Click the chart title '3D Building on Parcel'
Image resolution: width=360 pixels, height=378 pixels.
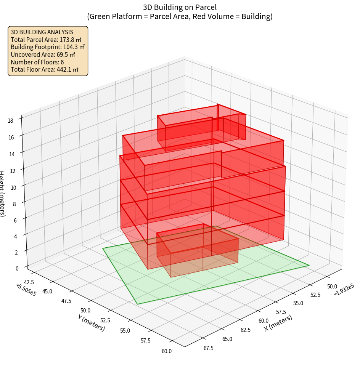pos(180,7)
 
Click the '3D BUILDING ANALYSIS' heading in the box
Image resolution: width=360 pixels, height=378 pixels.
pos(42,32)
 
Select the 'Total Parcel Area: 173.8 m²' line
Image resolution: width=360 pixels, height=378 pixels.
pos(46,40)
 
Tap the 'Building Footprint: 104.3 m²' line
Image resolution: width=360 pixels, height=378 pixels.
pos(48,47)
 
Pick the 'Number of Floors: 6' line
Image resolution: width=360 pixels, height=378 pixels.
pos(37,62)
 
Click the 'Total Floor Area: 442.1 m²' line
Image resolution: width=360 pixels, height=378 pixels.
pos(44,69)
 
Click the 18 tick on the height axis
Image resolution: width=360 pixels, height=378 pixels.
pos(10,121)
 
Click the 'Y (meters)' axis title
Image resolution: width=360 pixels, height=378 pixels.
pos(92,322)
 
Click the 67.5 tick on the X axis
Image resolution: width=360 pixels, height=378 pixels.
pos(209,348)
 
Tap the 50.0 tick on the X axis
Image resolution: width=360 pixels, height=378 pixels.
pos(332,286)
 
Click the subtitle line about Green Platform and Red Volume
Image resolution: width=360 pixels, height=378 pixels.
pos(180,16)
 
